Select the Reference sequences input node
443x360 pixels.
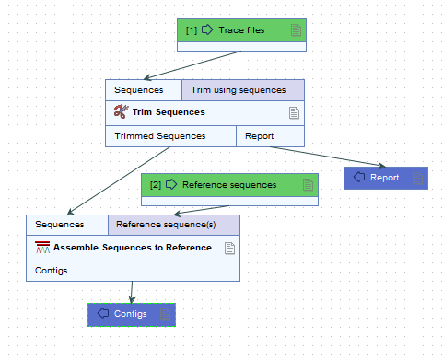point(228,185)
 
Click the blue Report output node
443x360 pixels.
point(385,178)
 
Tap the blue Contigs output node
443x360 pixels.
point(131,314)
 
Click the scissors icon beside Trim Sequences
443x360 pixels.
point(120,112)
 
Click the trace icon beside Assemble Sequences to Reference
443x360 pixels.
point(42,248)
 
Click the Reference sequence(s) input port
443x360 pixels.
point(173,225)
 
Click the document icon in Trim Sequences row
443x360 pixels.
point(295,113)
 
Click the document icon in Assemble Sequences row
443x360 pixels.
point(230,248)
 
